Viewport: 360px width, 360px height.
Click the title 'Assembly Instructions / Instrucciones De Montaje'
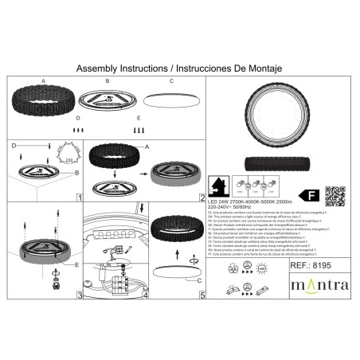pyautogui.click(x=180, y=68)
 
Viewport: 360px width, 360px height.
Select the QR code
pyautogui.click(x=336, y=194)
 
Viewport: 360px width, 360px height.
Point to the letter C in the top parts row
pyautogui.click(x=170, y=81)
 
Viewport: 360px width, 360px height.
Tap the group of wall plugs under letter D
pyautogui.click(x=79, y=129)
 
